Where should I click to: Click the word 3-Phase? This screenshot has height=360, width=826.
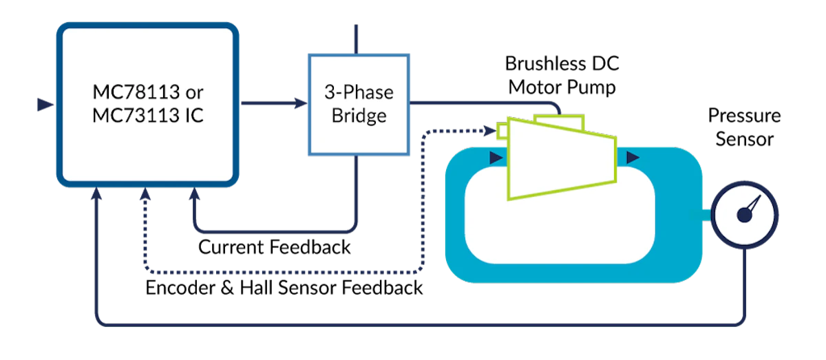[359, 92]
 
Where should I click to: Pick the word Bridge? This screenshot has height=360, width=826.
[359, 115]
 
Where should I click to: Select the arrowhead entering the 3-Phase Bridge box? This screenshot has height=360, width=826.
[300, 104]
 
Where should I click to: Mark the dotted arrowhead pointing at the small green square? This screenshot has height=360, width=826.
[489, 129]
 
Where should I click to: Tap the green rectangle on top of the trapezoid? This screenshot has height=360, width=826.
[559, 122]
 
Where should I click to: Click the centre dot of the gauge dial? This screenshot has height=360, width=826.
[743, 216]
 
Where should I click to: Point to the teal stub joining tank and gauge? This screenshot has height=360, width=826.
[708, 215]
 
